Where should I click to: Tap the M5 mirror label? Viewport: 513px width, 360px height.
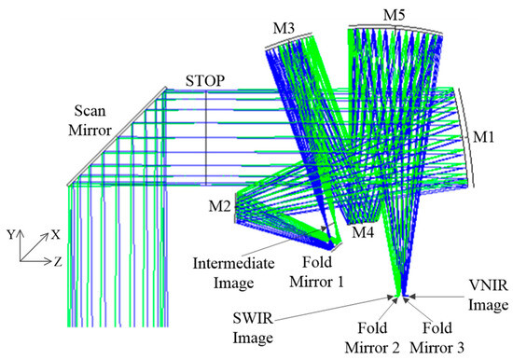(395, 13)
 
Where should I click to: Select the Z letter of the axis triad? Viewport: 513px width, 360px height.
(57, 263)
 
